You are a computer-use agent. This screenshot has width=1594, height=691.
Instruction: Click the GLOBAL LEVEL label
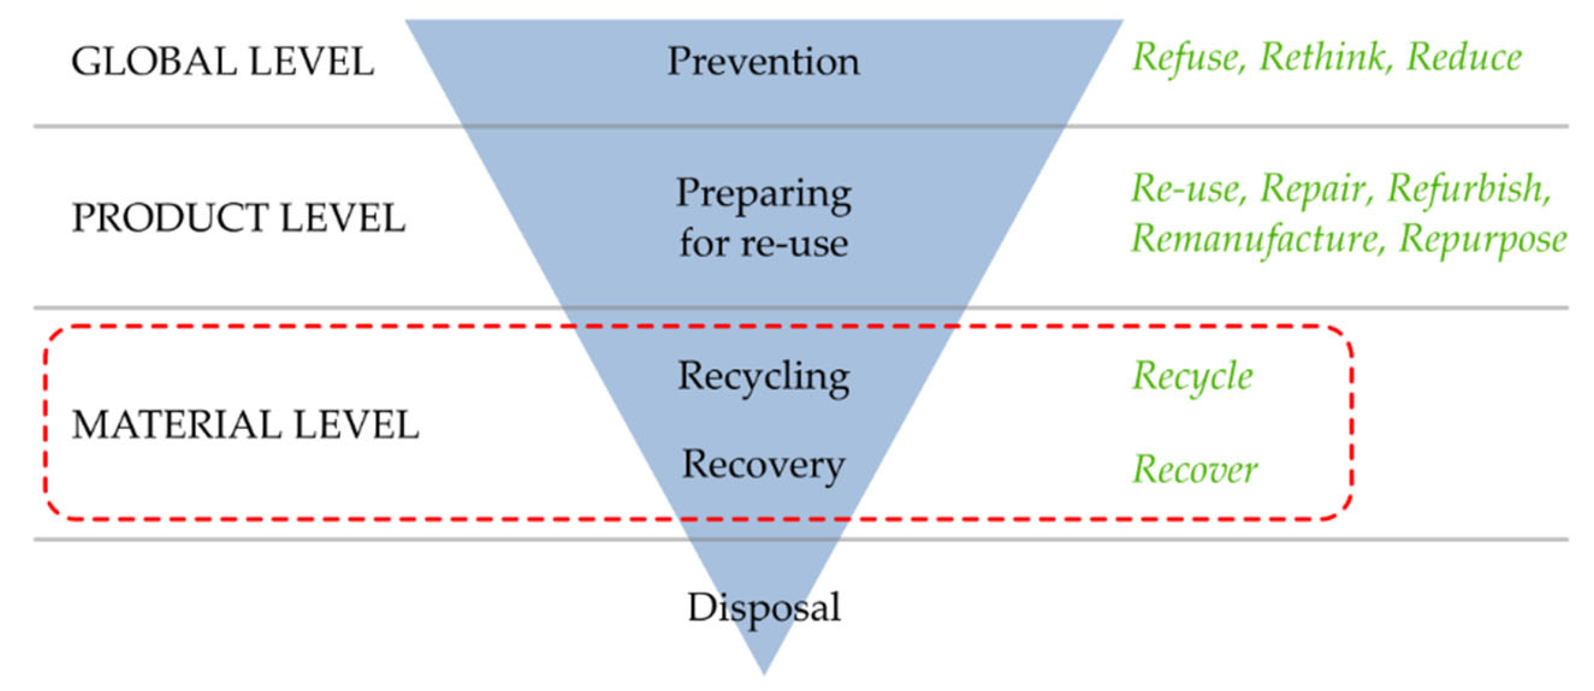coord(223,62)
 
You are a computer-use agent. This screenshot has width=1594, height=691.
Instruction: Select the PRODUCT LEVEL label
coord(238,218)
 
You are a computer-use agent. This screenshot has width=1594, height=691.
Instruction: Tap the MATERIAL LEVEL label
coord(246,425)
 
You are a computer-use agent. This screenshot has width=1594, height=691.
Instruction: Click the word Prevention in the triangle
coord(763,62)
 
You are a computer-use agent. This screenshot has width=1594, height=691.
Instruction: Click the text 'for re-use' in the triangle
coord(763,244)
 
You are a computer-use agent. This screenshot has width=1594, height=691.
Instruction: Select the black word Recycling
coord(763,377)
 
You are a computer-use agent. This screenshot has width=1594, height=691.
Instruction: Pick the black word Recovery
coord(763,465)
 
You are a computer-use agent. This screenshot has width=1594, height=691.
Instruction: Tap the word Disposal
coord(763,607)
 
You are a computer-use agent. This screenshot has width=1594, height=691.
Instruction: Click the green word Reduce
coord(1464,58)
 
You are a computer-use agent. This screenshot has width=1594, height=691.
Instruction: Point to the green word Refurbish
coord(1468,189)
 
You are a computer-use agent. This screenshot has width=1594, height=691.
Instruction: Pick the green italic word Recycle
coord(1192,377)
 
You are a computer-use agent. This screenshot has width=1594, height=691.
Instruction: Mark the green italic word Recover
coord(1194,470)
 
